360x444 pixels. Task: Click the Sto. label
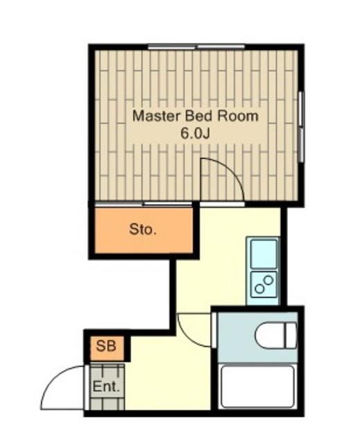(x=143, y=229)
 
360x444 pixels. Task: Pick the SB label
(x=106, y=345)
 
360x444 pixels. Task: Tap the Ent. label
(x=106, y=387)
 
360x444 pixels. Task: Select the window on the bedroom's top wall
(x=196, y=46)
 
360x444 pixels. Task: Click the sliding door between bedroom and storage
(x=168, y=205)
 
